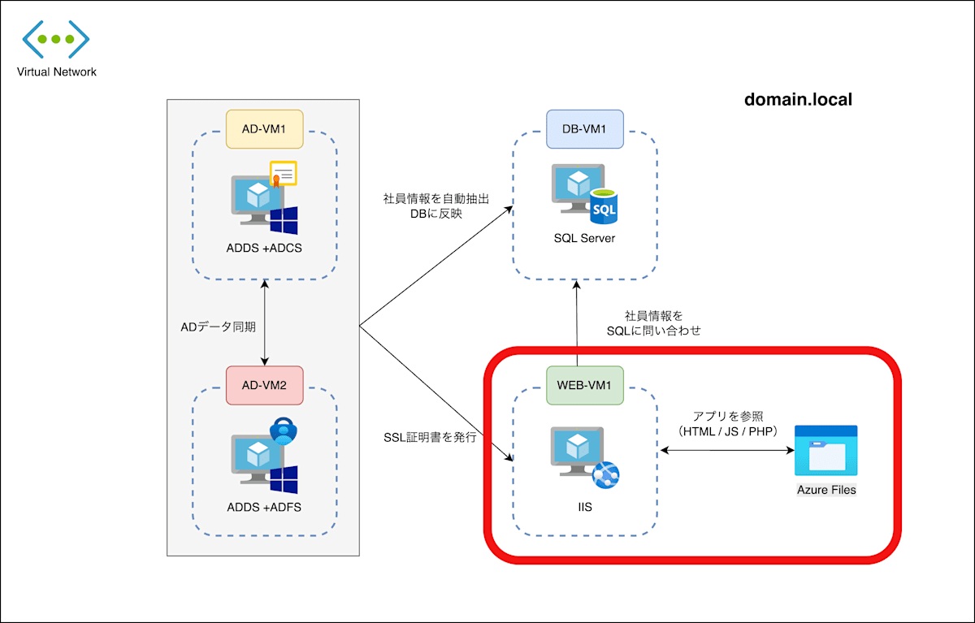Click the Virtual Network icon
click(x=56, y=39)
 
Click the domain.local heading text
click(x=798, y=100)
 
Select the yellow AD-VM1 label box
click(x=264, y=129)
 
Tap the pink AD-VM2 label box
click(x=264, y=385)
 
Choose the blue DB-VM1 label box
click(x=584, y=129)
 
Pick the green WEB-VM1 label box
click(x=584, y=385)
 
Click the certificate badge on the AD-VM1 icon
click(x=283, y=174)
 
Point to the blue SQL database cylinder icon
click(x=604, y=206)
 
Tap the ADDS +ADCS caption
click(x=264, y=248)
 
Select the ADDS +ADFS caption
click(x=264, y=508)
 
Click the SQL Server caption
click(x=584, y=238)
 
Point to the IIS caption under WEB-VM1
click(x=584, y=508)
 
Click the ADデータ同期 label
click(x=218, y=327)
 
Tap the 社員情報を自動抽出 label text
click(x=436, y=198)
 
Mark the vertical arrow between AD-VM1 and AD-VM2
click(x=264, y=322)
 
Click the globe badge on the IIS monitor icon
click(x=605, y=474)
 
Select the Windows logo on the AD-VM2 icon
click(x=284, y=479)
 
